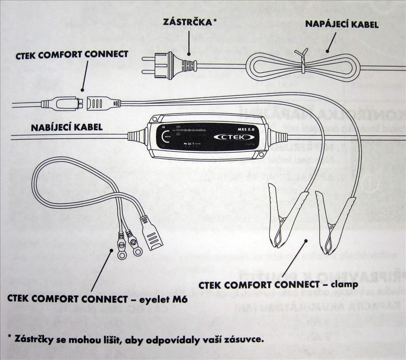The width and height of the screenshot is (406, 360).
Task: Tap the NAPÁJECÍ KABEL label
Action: click(342, 24)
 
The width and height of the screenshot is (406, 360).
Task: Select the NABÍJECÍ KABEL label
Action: click(66, 127)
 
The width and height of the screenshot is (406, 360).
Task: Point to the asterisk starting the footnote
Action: click(10, 337)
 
